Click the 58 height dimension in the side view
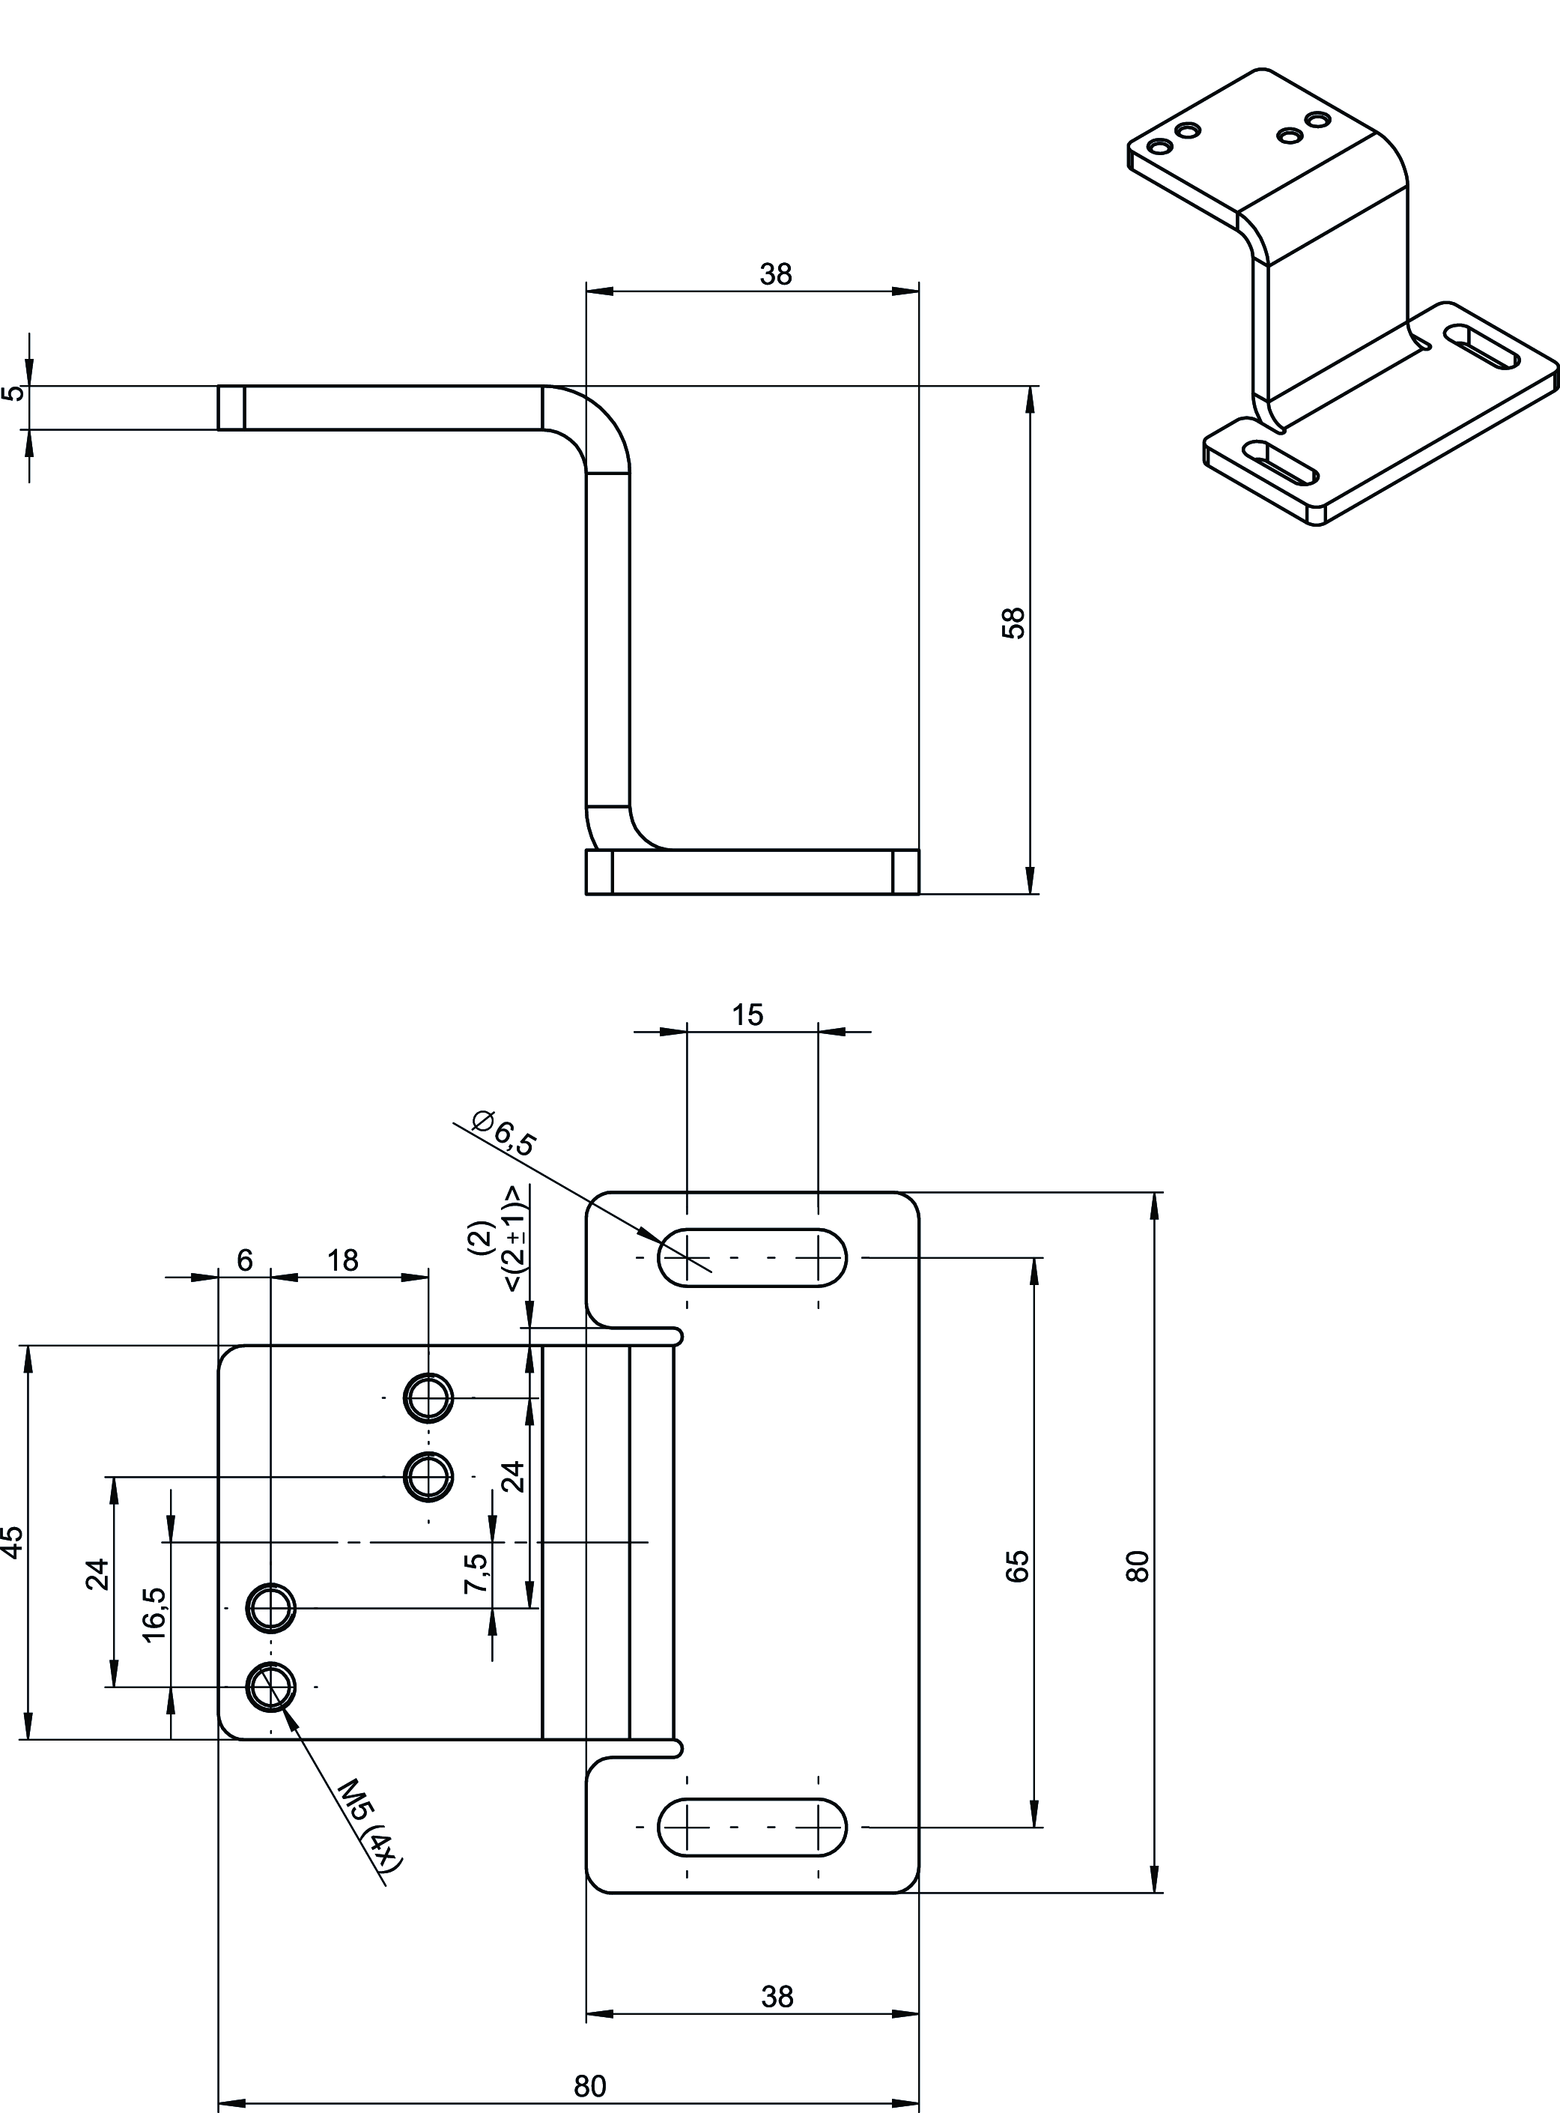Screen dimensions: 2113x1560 point(1013,623)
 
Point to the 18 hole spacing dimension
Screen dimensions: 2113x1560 point(343,1260)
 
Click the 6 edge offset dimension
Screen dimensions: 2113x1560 point(245,1260)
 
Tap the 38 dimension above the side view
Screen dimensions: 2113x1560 point(775,274)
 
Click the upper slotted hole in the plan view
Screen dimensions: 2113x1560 point(752,1257)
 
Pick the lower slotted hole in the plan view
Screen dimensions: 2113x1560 point(752,1827)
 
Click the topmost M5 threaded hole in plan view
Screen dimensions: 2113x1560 point(428,1397)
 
